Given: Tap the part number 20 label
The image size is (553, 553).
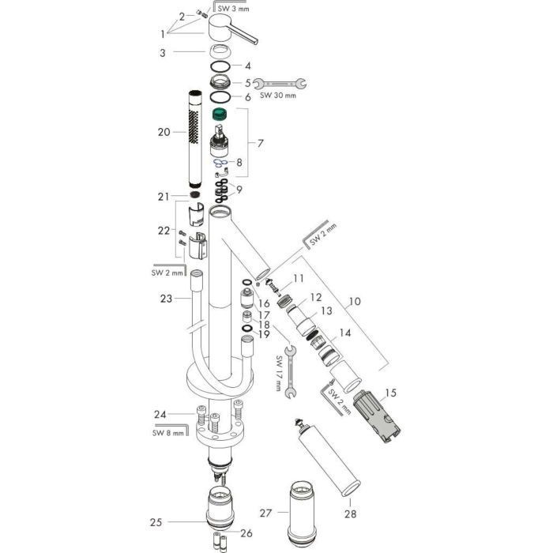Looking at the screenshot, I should pyautogui.click(x=164, y=132).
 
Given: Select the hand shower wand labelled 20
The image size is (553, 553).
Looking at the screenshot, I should pyautogui.click(x=194, y=142).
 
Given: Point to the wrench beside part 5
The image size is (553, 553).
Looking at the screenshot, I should pyautogui.click(x=280, y=81).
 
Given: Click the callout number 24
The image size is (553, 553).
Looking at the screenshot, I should pyautogui.click(x=161, y=413).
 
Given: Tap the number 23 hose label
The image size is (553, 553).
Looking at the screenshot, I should pyautogui.click(x=165, y=299).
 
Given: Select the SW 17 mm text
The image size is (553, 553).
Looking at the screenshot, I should pyautogui.click(x=279, y=373).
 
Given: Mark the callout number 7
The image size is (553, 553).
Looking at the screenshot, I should pyautogui.click(x=260, y=143).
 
